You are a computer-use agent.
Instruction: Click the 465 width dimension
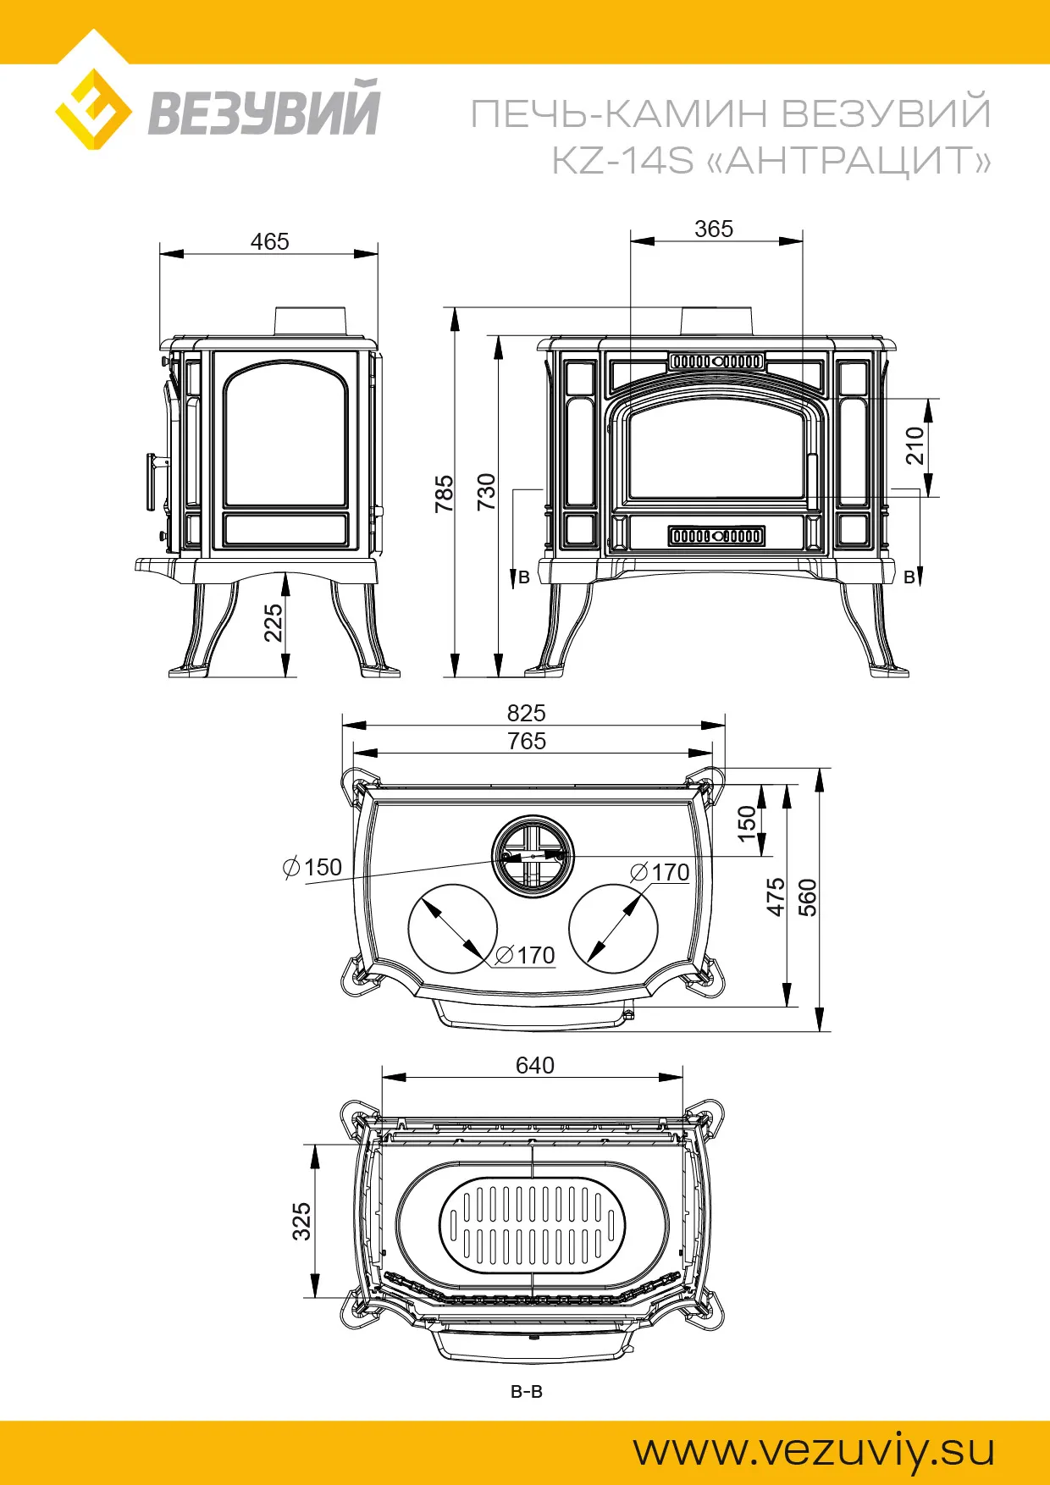coord(269,241)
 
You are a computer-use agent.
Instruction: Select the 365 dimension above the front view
coord(714,229)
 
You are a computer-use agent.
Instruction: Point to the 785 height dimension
coord(444,493)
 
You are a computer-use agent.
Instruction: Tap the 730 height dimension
coord(486,491)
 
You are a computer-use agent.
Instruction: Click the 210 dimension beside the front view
coord(915,445)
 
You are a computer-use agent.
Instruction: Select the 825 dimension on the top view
coord(526,713)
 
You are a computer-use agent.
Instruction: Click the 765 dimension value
coord(526,741)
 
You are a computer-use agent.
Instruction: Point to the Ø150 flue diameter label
coord(312,867)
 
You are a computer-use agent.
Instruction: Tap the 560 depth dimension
coord(808,897)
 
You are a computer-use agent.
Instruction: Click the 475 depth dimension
coord(776,897)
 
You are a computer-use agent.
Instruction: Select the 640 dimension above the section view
coord(535,1065)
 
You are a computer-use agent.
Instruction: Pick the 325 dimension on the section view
coord(301,1221)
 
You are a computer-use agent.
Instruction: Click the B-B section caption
coord(526,1391)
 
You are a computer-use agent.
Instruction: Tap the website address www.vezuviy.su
coord(814,1451)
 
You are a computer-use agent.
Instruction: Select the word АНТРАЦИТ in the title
coord(848,160)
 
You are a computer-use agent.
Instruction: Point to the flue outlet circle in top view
coord(533,856)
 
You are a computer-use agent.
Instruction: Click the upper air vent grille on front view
coord(716,362)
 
